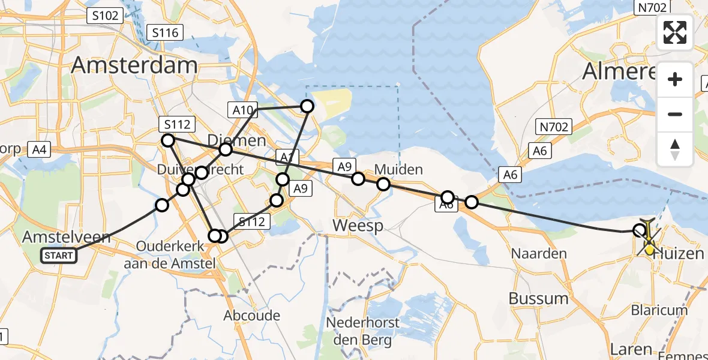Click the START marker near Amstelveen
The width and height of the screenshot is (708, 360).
click(x=58, y=256)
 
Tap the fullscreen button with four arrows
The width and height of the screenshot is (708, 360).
click(x=675, y=32)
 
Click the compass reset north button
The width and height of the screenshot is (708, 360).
click(x=675, y=149)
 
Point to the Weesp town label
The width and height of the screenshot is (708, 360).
click(x=358, y=226)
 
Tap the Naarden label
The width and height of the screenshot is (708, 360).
click(x=539, y=253)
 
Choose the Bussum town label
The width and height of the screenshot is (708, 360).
click(x=538, y=298)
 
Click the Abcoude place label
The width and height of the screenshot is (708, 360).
click(x=251, y=315)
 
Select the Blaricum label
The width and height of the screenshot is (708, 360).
click(x=659, y=310)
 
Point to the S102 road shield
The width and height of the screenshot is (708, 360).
click(x=106, y=16)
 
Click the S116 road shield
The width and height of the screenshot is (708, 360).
click(x=165, y=33)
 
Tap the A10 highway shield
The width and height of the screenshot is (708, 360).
click(x=243, y=109)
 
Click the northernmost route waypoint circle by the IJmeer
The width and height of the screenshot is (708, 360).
click(x=307, y=106)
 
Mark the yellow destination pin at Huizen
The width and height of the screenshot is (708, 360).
click(x=649, y=248)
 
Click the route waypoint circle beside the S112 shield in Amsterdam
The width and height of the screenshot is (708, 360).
click(x=168, y=140)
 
